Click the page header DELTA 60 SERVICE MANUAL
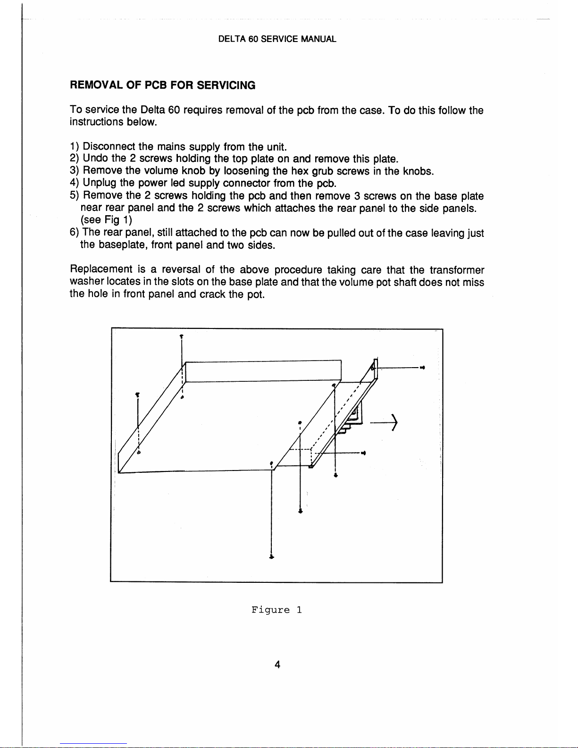click(277, 39)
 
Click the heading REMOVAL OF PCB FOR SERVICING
click(163, 85)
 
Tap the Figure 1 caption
click(276, 610)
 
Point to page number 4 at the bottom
click(277, 664)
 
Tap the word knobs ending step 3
click(418, 171)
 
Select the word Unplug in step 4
click(100, 183)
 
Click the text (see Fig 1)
click(107, 220)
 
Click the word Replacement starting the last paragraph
click(101, 270)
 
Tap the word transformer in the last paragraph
click(456, 270)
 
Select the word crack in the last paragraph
click(212, 294)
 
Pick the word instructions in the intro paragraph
click(96, 122)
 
